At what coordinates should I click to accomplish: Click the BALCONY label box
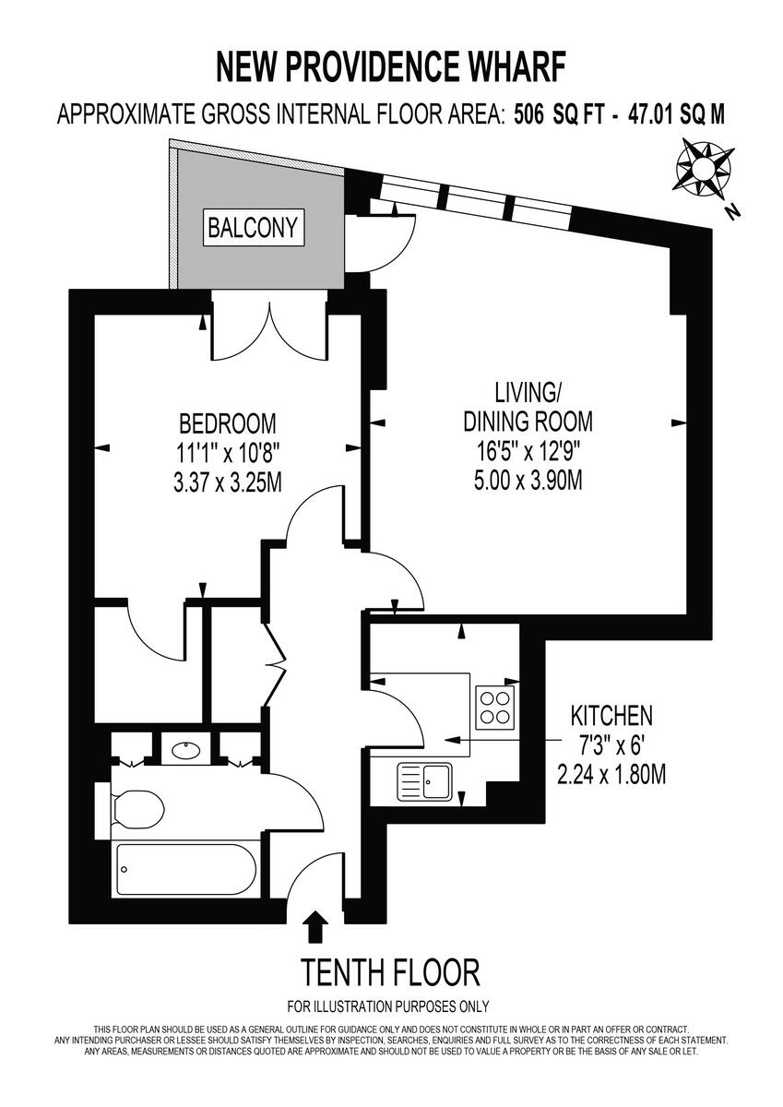coord(254,227)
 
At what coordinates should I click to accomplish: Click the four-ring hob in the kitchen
coord(496,706)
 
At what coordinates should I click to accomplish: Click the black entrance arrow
coord(314,926)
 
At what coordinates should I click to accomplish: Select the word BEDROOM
coord(227,423)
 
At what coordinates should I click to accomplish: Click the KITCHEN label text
coord(611,715)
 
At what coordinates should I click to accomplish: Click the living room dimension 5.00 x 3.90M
coord(527,482)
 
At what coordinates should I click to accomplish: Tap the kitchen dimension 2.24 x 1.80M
coord(611,773)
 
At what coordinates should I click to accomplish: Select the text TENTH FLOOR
coord(390,971)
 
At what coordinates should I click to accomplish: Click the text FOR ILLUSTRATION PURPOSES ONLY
coord(389,1006)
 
